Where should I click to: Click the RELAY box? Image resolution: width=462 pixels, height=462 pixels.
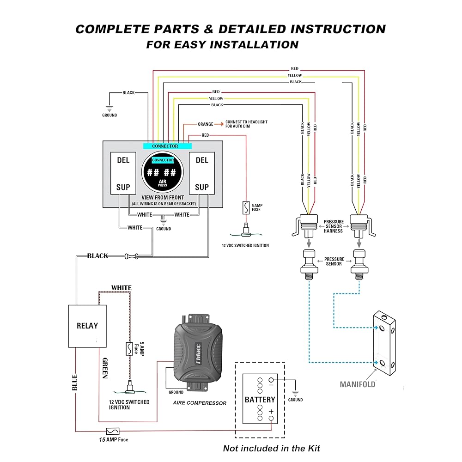pos(87,326)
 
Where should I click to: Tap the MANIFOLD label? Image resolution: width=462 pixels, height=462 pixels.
pos(358,384)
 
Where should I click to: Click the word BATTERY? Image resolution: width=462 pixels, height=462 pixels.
pos(260,400)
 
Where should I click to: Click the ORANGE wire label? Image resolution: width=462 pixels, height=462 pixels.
pos(206,124)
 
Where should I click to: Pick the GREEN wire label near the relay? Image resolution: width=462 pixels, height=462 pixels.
pos(105,368)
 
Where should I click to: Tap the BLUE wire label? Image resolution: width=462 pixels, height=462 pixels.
pos(75,382)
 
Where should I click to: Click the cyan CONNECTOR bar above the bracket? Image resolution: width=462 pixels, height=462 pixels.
pos(165,146)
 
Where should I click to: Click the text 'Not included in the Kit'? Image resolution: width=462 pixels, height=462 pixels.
pos(271,448)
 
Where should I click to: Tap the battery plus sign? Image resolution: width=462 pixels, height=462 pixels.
pos(271,412)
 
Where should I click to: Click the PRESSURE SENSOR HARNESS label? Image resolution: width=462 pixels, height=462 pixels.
pos(333,226)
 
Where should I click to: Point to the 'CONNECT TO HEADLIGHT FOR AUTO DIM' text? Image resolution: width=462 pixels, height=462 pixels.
pos(246,124)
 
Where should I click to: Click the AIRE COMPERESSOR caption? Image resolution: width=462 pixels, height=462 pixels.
pos(200,403)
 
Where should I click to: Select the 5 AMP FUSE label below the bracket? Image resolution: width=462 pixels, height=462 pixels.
pos(255,207)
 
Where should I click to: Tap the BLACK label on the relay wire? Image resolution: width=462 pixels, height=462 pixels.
pos(97,256)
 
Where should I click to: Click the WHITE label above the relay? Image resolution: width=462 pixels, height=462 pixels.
pos(121,288)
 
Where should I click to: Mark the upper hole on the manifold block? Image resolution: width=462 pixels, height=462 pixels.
pos(382,329)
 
